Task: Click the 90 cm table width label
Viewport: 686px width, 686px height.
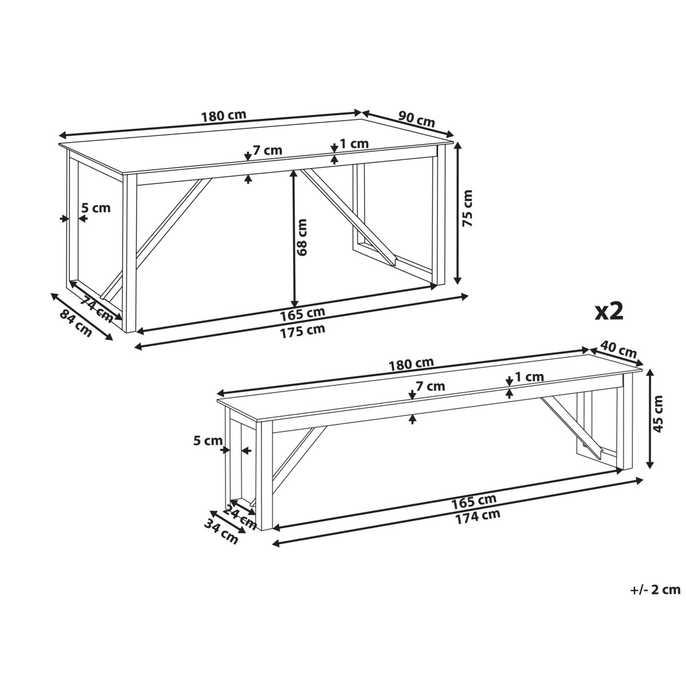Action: click(x=416, y=119)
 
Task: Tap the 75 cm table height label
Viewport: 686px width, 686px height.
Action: click(x=467, y=208)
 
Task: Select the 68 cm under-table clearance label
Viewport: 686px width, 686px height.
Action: click(x=302, y=237)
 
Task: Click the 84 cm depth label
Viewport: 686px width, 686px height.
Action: click(x=75, y=323)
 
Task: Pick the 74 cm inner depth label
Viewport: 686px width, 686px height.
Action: click(x=95, y=309)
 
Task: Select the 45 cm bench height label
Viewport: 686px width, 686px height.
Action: click(x=658, y=414)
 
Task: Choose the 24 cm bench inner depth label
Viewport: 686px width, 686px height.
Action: click(x=240, y=517)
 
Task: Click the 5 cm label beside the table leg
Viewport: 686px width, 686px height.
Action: click(x=96, y=208)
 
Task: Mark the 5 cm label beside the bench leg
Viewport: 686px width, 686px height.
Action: click(x=208, y=441)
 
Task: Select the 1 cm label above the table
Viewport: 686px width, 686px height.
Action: click(x=354, y=143)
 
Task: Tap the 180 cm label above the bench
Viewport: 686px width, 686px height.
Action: click(x=411, y=363)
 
